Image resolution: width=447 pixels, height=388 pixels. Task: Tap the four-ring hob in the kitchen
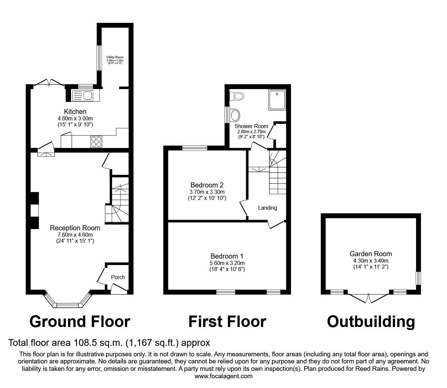(x=96, y=142)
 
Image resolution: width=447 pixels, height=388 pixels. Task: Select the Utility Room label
(x=115, y=57)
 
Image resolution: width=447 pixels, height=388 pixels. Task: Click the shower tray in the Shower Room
(x=277, y=100)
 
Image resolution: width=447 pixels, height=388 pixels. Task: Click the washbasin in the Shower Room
(x=235, y=115)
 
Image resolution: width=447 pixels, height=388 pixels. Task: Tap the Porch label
(x=118, y=277)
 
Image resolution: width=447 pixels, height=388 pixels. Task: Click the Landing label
(x=268, y=208)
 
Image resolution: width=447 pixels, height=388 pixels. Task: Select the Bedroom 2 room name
(x=207, y=185)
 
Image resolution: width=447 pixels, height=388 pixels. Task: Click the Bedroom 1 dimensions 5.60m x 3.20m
(x=227, y=263)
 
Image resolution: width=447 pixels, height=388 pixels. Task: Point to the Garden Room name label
(x=371, y=254)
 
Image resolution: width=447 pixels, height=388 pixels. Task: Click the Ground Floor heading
(x=80, y=322)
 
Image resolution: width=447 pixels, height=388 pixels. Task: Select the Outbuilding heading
(x=371, y=322)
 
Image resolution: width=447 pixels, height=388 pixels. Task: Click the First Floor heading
(x=227, y=322)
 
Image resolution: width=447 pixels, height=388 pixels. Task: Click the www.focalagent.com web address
(x=224, y=376)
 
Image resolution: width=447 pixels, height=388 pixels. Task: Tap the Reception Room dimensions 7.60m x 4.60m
(x=75, y=235)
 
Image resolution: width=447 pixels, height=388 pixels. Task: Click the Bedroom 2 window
(x=195, y=148)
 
